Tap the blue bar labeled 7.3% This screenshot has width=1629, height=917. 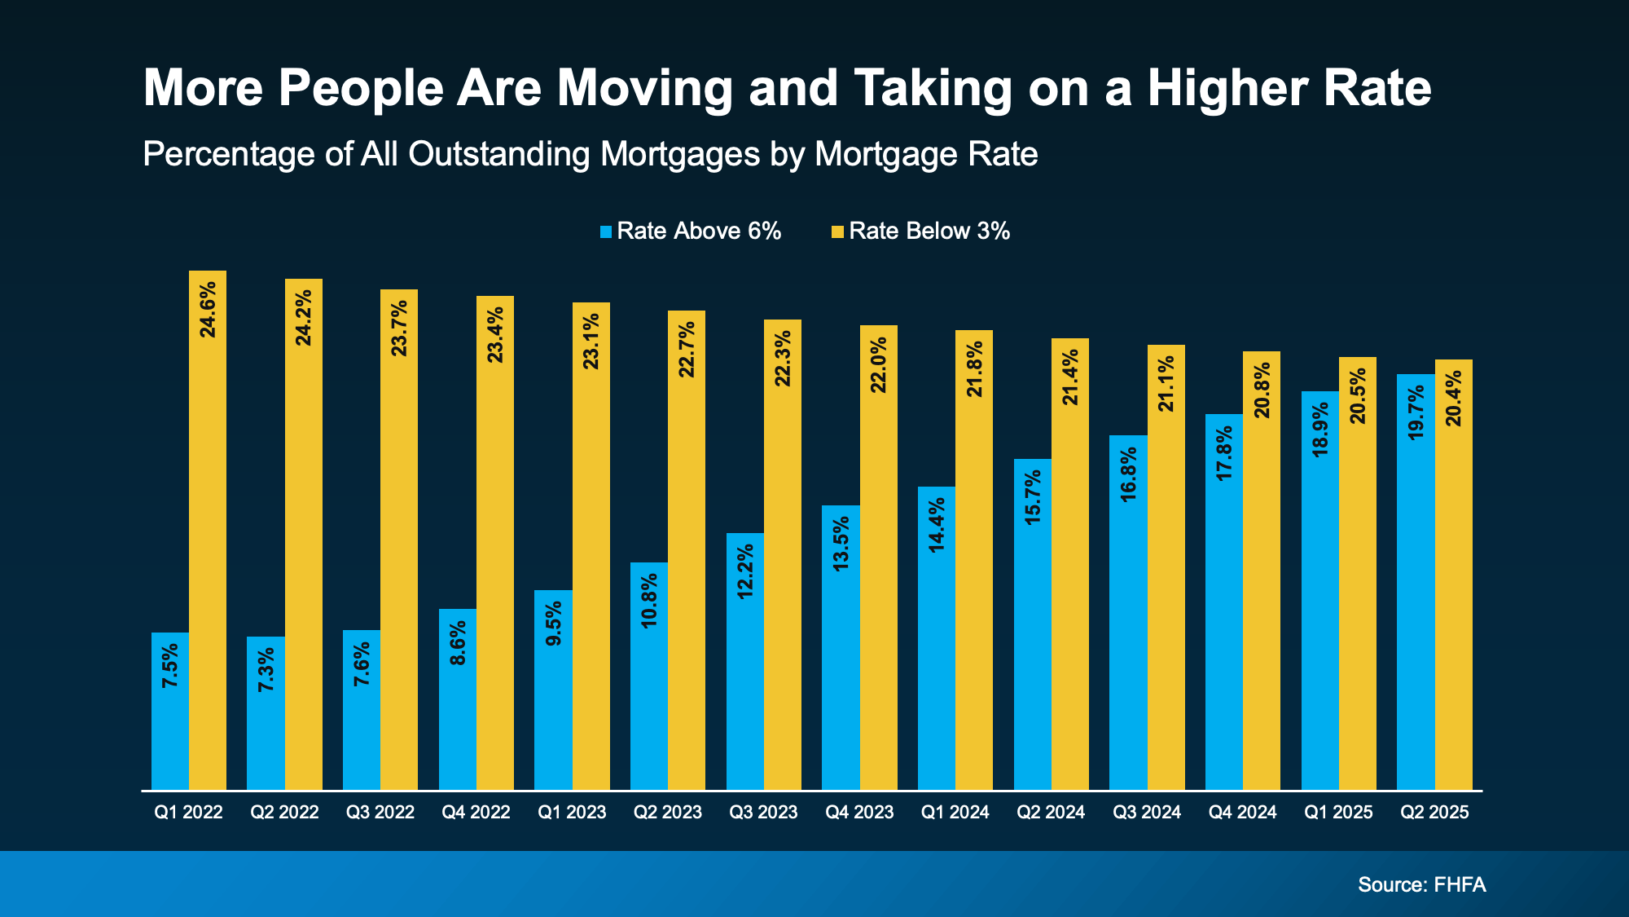click(266, 713)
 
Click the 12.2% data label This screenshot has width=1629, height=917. click(745, 571)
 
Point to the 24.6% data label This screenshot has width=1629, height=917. click(209, 309)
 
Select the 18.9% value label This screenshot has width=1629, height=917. click(1320, 429)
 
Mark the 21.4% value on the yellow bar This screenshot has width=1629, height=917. click(1070, 377)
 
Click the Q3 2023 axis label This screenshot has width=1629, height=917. click(763, 813)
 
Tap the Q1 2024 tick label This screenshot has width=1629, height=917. click(955, 813)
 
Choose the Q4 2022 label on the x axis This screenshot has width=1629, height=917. click(476, 813)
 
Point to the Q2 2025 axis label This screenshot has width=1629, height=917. click(1434, 813)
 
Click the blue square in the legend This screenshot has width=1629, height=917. click(606, 232)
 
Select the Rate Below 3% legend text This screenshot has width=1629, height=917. click(929, 231)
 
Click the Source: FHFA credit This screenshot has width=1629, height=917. click(1421, 885)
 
